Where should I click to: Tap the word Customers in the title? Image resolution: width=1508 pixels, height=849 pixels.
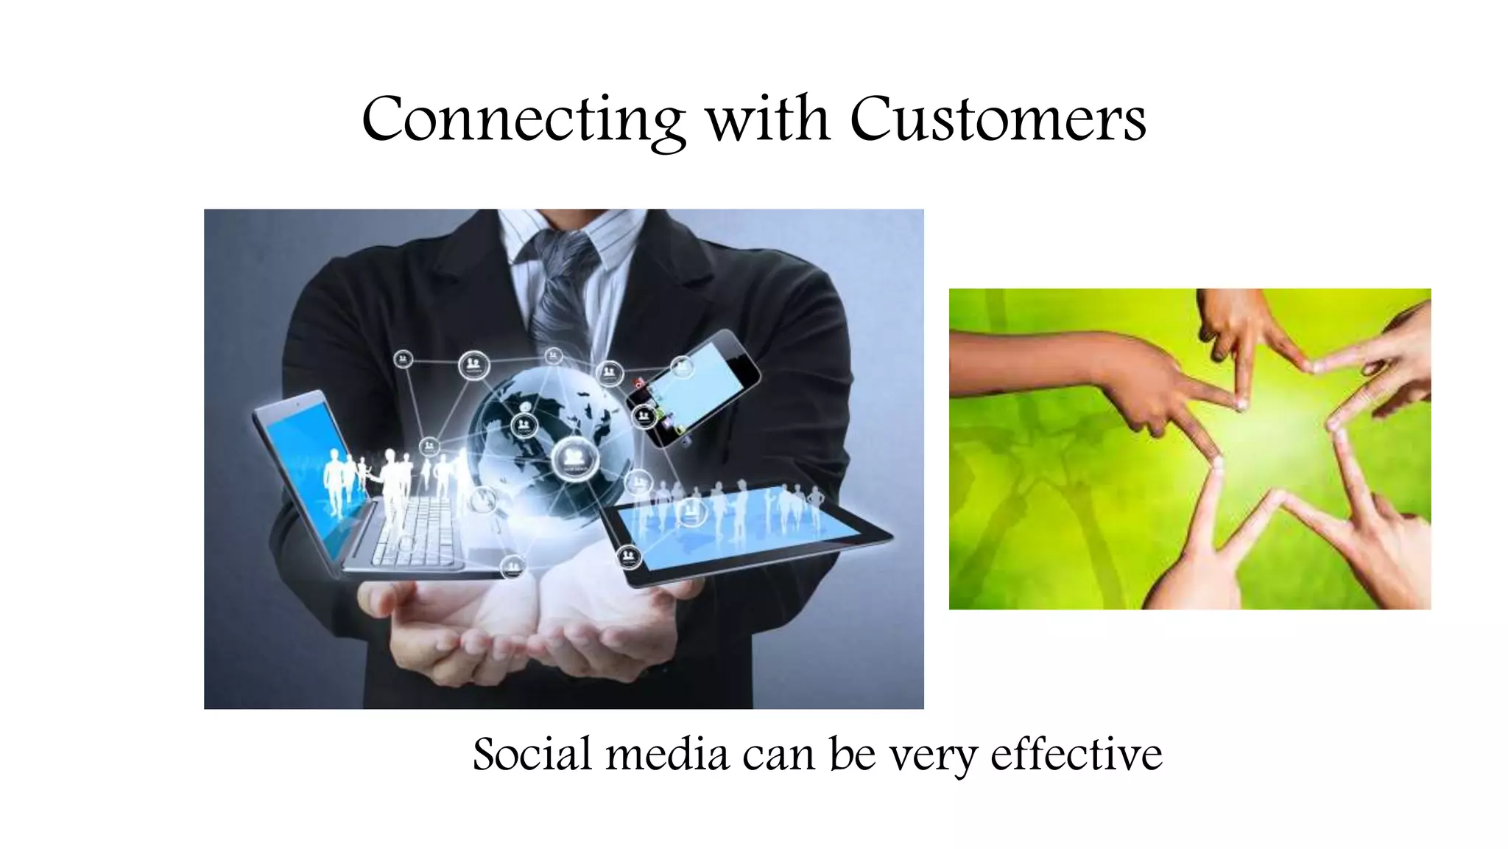pos(998,119)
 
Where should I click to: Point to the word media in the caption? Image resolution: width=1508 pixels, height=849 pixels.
pos(667,755)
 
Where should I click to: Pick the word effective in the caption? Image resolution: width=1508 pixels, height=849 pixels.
pos(1076,755)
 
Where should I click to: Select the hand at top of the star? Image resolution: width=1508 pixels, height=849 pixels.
pos(1237,324)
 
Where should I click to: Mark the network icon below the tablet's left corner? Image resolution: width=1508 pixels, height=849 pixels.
pos(628,556)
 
